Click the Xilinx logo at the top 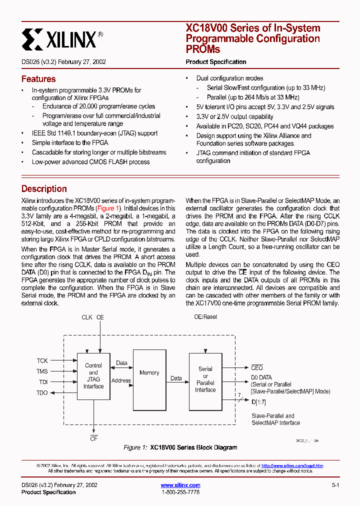pos(62,39)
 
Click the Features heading pos(38,79)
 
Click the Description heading pos(44,189)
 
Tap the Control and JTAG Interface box pos(93,376)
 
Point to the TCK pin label pos(42,360)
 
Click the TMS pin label pos(42,371)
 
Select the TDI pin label pos(42,382)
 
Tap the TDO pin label pos(42,392)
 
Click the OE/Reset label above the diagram pos(205,317)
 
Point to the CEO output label pos(256,368)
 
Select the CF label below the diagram pos(93,438)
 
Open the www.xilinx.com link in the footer pos(180,485)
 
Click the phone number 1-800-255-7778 pos(180,492)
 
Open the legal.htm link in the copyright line pos(292,465)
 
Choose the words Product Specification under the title pos(216,62)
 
